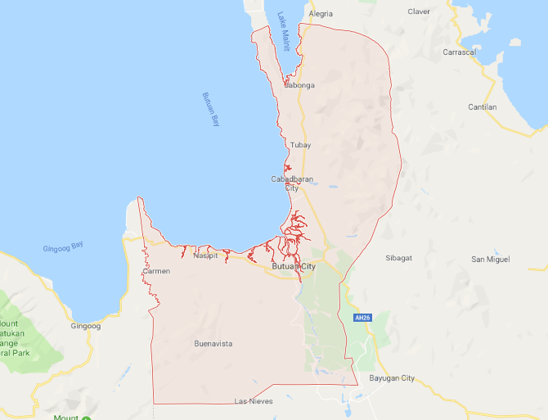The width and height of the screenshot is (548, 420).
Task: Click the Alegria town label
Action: [321, 14]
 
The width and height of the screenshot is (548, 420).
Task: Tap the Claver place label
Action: [419, 11]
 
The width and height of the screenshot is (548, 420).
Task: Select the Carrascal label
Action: [482, 52]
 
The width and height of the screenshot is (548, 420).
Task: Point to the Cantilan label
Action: [483, 106]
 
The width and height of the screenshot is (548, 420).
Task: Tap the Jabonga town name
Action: [299, 84]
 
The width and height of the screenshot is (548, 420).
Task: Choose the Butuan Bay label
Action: [212, 109]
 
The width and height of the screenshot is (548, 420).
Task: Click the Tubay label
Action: [300, 145]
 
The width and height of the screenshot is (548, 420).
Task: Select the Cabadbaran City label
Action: [292, 183]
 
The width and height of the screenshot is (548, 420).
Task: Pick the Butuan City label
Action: [294, 267]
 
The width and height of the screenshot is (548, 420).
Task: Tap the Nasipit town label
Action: [205, 255]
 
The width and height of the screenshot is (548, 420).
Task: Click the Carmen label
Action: [156, 270]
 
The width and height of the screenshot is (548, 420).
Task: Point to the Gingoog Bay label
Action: [64, 246]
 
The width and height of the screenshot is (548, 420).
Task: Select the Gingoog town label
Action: [85, 326]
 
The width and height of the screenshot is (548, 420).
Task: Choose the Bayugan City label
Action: [393, 377]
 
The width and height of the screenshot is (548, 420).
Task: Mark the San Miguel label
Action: [491, 259]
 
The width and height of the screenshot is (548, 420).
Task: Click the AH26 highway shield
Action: [362, 318]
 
